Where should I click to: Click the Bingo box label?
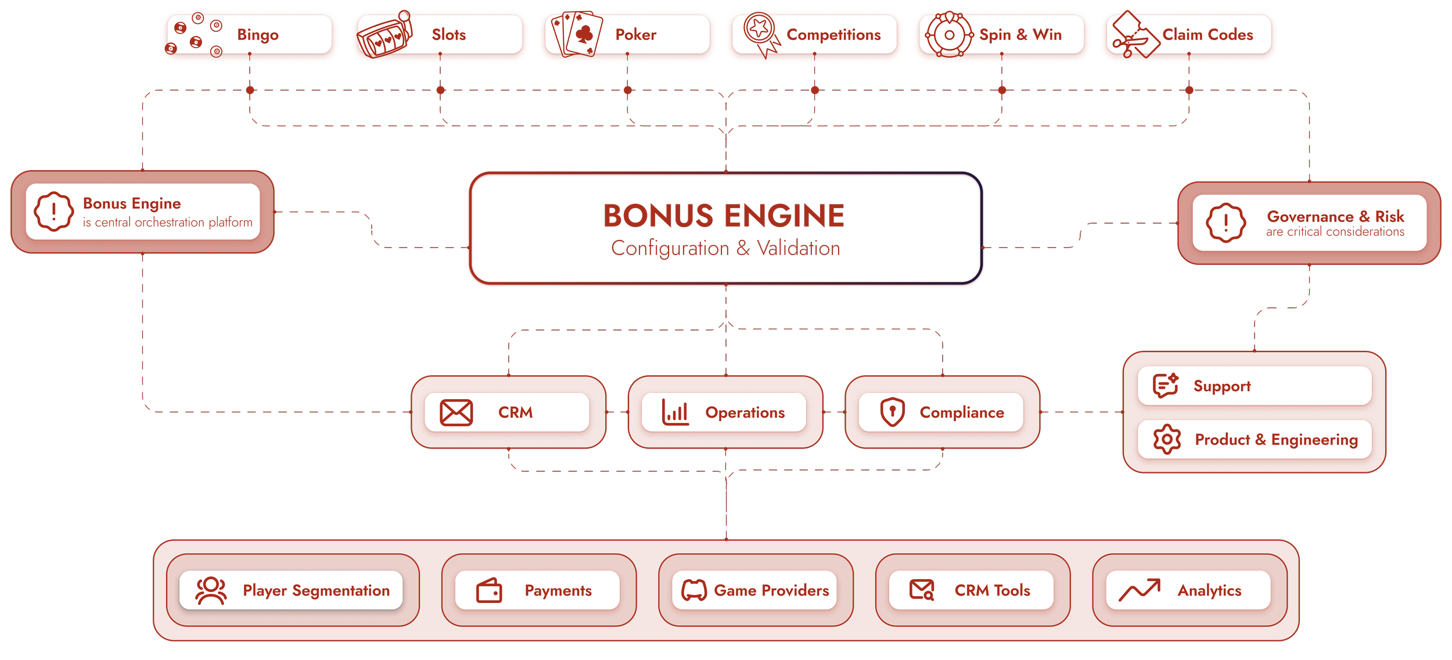click(x=257, y=35)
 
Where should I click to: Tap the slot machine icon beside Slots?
click(x=383, y=36)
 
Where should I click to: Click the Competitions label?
click(x=833, y=35)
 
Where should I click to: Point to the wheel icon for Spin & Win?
click(x=949, y=35)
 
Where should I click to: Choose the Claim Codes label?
click(x=1207, y=35)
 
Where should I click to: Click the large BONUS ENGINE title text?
click(x=724, y=216)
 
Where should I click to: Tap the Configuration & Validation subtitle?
click(x=725, y=249)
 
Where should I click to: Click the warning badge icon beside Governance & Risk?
click(x=1225, y=223)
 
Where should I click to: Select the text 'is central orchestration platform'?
click(x=167, y=223)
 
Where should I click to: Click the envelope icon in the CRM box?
click(x=456, y=412)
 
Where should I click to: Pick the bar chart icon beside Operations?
click(x=675, y=412)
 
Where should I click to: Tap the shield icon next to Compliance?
click(x=892, y=412)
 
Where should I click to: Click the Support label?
click(x=1221, y=386)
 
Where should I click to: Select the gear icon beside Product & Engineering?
click(x=1167, y=439)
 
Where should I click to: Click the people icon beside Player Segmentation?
click(x=211, y=590)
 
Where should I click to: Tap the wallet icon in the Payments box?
click(x=489, y=591)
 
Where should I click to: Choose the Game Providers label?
click(x=771, y=590)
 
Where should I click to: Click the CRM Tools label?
click(x=992, y=590)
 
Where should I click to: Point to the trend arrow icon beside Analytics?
click(x=1139, y=590)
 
